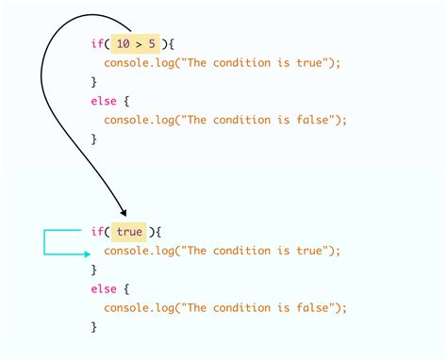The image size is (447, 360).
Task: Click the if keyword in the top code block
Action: pyautogui.click(x=96, y=42)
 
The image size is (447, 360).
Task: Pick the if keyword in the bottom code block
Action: pyautogui.click(x=96, y=232)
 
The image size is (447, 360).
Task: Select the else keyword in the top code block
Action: pyautogui.click(x=104, y=100)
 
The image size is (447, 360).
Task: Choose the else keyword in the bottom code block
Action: pyautogui.click(x=104, y=288)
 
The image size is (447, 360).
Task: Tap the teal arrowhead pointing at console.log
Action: pyautogui.click(x=87, y=252)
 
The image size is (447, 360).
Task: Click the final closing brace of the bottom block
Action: pyautogui.click(x=93, y=327)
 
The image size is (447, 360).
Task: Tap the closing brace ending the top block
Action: pyautogui.click(x=93, y=139)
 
